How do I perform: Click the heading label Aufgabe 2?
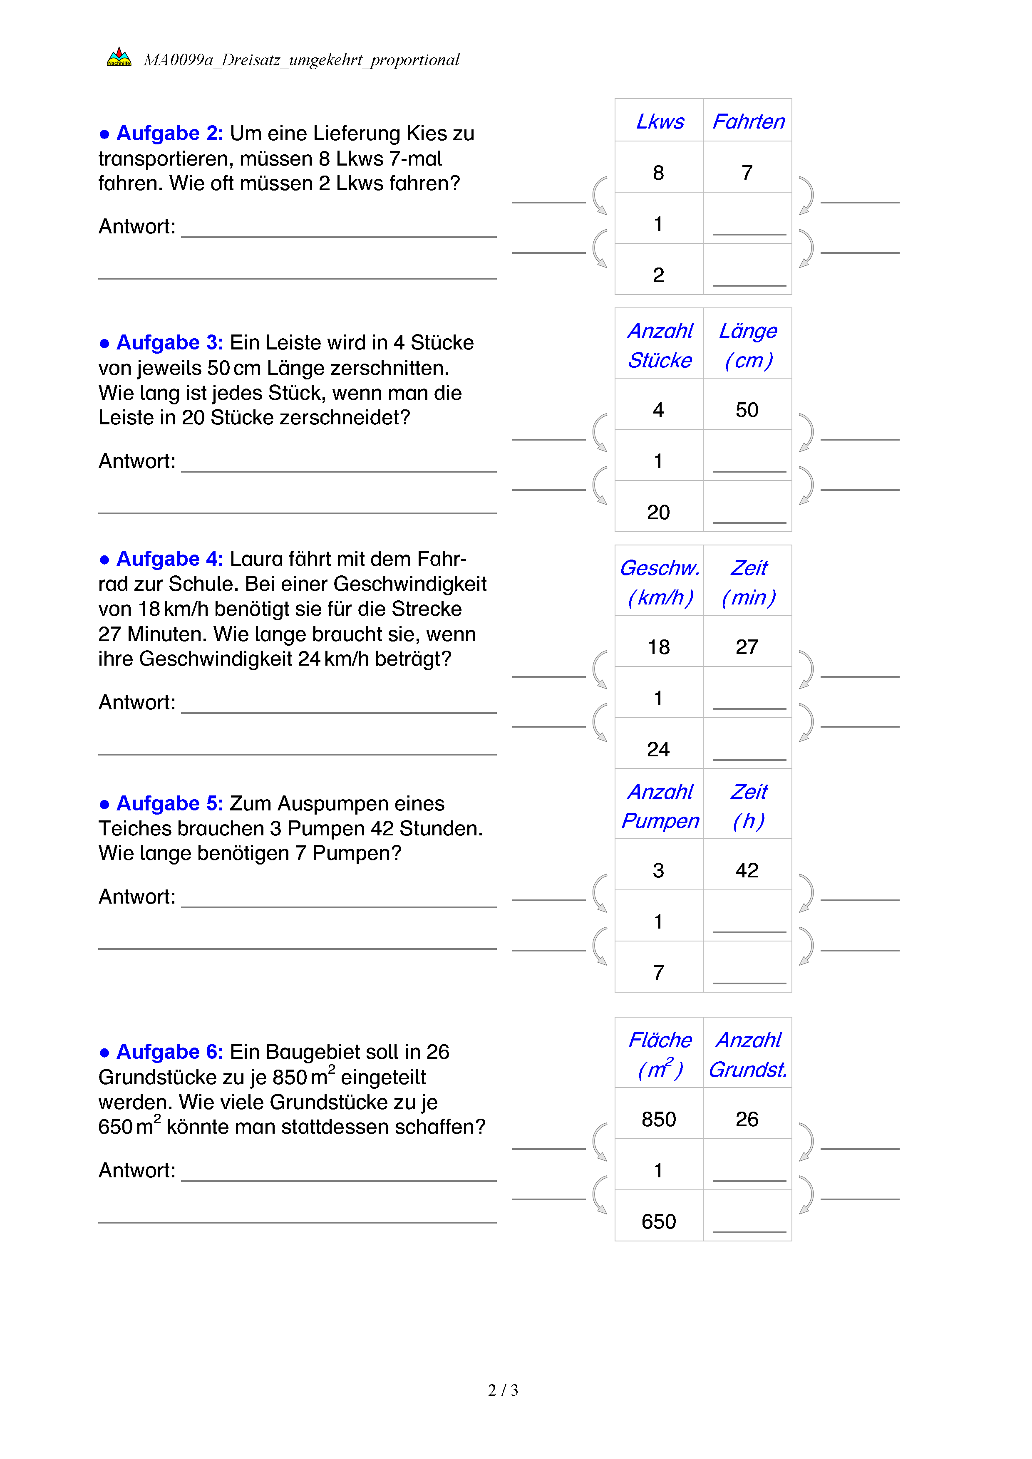(170, 134)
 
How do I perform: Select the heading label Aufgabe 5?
(170, 804)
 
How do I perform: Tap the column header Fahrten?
(748, 121)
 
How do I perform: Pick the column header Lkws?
(660, 121)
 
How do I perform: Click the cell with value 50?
(747, 410)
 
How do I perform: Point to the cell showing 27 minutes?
(747, 647)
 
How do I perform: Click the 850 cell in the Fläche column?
(658, 1119)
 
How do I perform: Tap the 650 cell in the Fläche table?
(658, 1221)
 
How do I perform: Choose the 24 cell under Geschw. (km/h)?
(658, 749)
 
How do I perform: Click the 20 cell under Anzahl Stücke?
(658, 512)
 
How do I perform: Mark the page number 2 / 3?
(503, 1390)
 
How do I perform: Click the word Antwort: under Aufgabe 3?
(136, 461)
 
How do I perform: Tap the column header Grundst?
(748, 1070)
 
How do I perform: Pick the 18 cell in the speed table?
(658, 647)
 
